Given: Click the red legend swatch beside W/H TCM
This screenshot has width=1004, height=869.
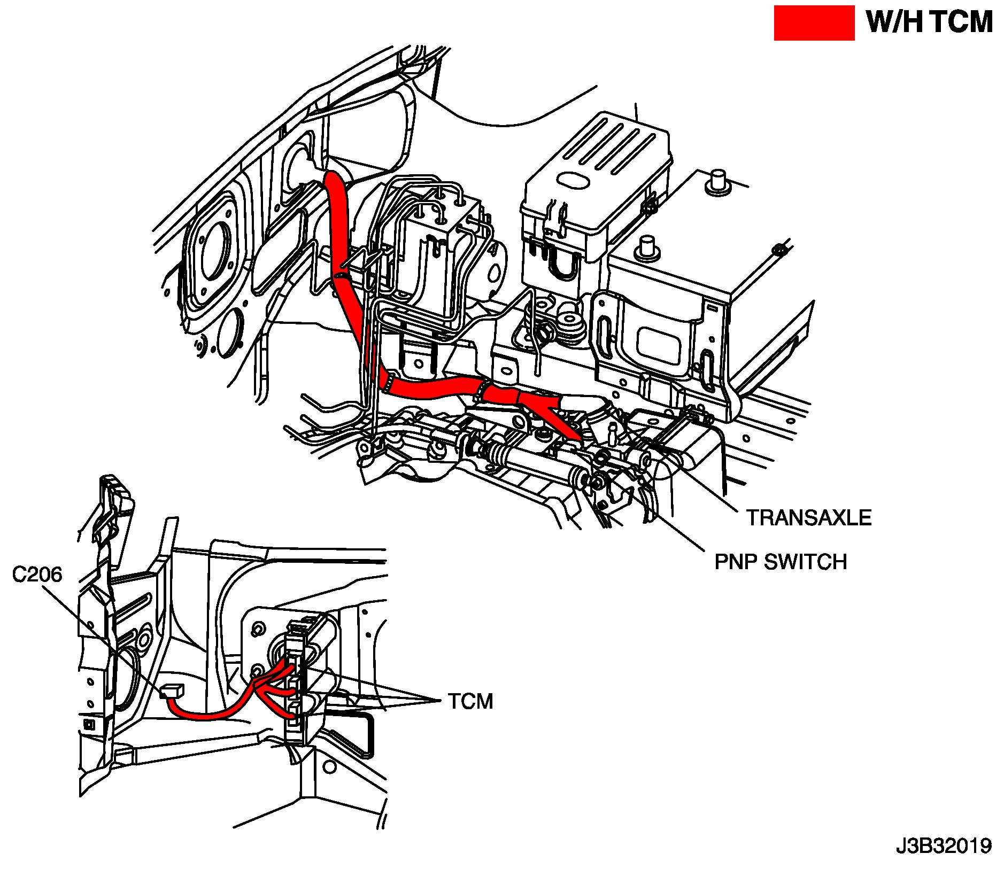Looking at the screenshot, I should [x=814, y=23].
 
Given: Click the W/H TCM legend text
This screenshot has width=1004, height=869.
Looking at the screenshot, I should [x=929, y=23].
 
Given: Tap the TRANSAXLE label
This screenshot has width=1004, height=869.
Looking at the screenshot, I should [x=808, y=517].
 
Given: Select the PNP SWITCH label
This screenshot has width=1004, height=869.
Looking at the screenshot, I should [x=781, y=562].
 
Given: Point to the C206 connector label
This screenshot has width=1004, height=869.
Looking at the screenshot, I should [x=37, y=575].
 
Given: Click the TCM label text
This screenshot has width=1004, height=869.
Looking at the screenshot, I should [x=470, y=701].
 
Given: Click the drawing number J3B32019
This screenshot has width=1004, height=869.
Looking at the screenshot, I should [x=944, y=846].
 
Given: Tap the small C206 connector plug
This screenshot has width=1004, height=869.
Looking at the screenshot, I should [x=171, y=692].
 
